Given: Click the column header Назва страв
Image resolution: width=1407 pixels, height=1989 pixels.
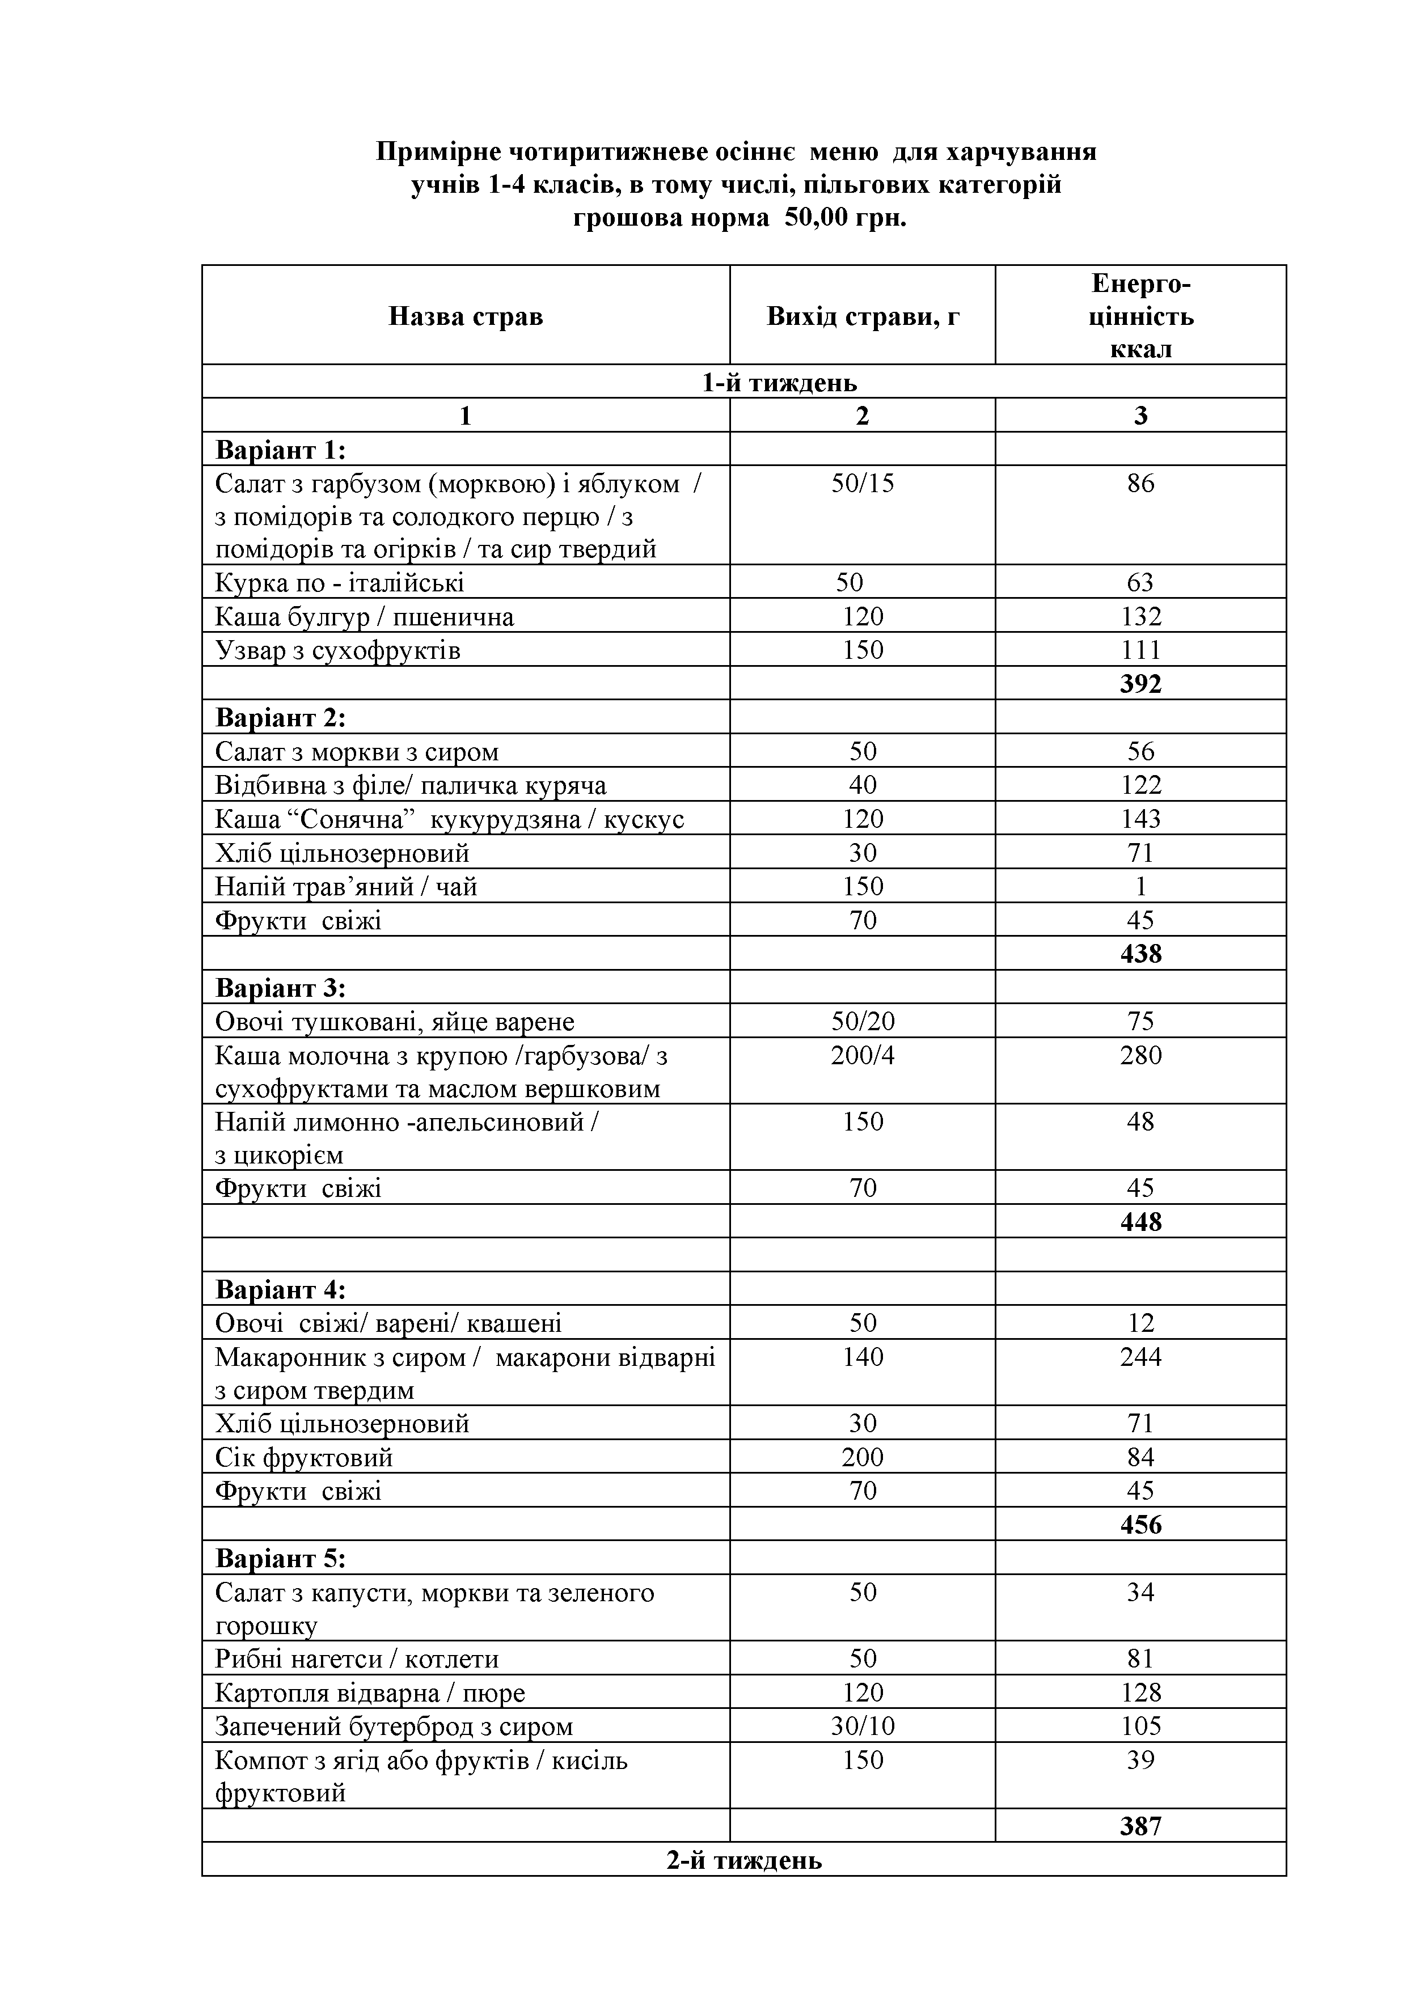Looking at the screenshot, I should (x=465, y=316).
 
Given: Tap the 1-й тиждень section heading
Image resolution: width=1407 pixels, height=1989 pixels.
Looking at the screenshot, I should (x=779, y=382).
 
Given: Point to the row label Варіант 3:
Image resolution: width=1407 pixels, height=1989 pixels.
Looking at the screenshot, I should (x=280, y=988).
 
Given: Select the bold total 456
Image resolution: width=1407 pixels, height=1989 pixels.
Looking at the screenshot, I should (x=1140, y=1525).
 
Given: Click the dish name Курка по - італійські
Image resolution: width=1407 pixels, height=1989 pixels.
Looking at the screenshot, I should (x=340, y=582).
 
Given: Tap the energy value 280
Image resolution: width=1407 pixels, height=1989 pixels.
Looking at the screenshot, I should (x=1140, y=1055).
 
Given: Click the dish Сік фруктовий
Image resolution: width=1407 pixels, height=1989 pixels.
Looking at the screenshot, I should (x=304, y=1457).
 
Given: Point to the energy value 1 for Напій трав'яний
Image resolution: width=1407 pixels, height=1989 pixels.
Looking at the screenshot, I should (x=1140, y=886).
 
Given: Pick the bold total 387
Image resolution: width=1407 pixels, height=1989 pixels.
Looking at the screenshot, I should (x=1140, y=1827).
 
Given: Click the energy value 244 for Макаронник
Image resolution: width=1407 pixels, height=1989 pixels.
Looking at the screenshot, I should (x=1140, y=1357).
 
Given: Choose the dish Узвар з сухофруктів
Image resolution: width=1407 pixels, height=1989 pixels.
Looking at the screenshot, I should (x=338, y=650).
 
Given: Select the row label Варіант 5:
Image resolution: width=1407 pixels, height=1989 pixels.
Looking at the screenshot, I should (x=280, y=1559).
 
